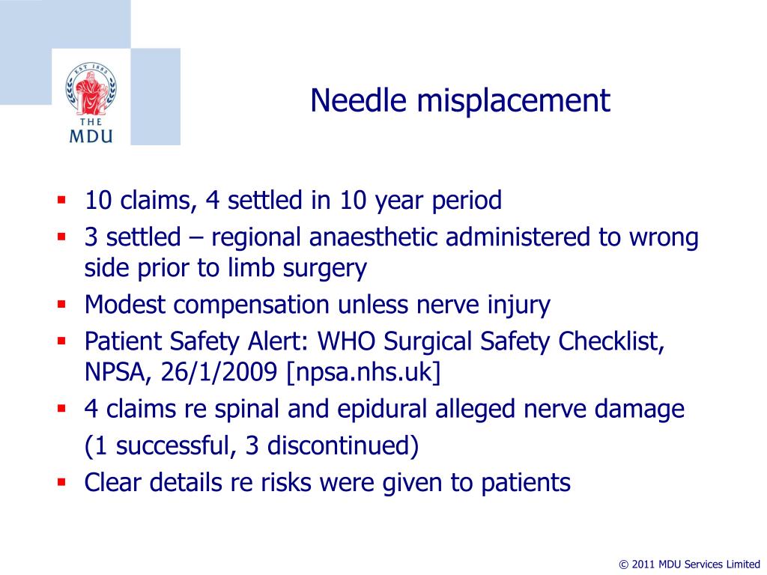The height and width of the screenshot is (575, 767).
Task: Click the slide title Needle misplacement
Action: (461, 101)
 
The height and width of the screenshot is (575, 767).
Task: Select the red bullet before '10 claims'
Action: (61, 201)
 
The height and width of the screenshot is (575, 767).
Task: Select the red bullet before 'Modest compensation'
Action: (61, 305)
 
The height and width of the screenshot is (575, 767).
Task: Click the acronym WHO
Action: (349, 342)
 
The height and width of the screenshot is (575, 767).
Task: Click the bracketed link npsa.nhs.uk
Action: (363, 372)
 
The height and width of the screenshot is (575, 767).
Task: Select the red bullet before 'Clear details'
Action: (61, 483)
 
